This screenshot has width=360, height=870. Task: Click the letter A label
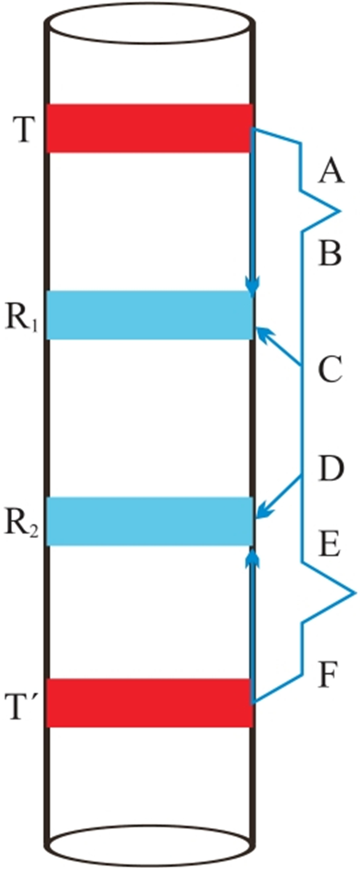(330, 171)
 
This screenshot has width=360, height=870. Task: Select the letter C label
(330, 370)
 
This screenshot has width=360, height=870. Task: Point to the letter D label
(330, 469)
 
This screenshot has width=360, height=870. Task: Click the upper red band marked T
(149, 129)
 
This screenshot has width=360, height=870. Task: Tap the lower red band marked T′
(149, 703)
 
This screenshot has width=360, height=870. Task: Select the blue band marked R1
(149, 315)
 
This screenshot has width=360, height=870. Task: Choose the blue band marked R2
(149, 521)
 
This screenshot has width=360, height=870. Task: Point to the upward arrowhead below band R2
(252, 558)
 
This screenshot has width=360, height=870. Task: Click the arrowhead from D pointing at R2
(262, 512)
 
